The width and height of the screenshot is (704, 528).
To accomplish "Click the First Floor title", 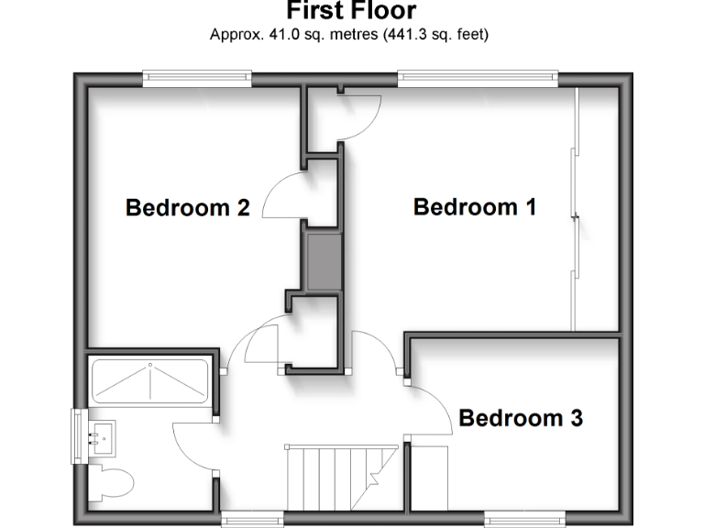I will (x=351, y=11).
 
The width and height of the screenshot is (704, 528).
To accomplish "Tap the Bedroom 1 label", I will (x=474, y=206).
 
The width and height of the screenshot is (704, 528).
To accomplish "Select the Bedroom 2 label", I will (x=188, y=207).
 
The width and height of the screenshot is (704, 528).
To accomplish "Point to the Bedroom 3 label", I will (x=521, y=419).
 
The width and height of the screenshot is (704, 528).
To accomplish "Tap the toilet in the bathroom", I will (x=114, y=478).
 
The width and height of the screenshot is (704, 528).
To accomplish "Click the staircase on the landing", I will (x=334, y=478).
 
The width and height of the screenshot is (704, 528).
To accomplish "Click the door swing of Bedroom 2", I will (x=284, y=198).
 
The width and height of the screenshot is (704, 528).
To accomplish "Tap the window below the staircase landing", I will (x=252, y=519).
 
